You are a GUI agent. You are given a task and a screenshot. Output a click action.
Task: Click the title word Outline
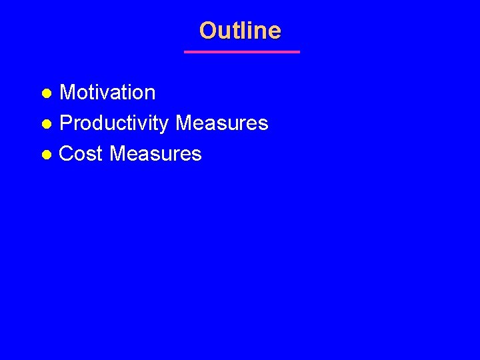[240, 31]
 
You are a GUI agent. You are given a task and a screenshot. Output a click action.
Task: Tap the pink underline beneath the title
[242, 51]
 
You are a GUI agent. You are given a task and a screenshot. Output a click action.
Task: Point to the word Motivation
[107, 93]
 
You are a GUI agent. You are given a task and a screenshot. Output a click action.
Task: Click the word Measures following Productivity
[221, 123]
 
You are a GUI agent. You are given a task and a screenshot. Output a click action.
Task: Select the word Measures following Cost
[155, 154]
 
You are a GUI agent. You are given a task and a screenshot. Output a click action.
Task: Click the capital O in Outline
[208, 31]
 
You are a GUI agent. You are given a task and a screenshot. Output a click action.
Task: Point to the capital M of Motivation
[67, 93]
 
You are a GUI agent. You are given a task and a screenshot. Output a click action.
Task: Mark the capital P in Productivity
[65, 123]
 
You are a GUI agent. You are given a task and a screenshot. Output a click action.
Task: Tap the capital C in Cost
[67, 154]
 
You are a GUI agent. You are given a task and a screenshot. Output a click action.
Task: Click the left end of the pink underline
[185, 51]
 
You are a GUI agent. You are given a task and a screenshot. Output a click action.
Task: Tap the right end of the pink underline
[299, 51]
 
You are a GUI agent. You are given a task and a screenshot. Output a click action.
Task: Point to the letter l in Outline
[245, 31]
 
